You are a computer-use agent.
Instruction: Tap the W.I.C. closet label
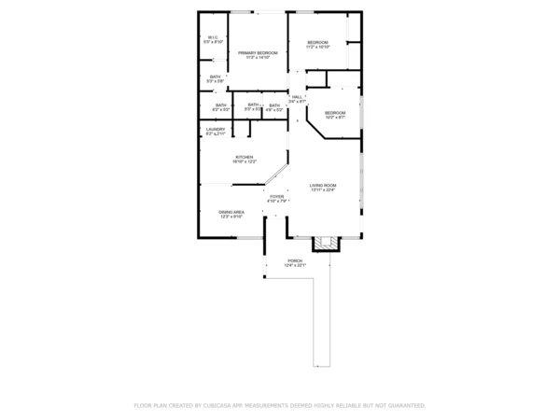[x=213, y=38]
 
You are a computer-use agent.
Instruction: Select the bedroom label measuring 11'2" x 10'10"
[x=318, y=42]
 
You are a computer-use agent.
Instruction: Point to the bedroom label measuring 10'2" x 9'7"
[x=334, y=112]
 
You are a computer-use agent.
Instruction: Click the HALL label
[x=297, y=97]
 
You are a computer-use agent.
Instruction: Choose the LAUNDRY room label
[x=216, y=130]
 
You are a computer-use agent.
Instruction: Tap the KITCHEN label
[x=244, y=157]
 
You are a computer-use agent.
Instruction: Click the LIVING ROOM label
[x=323, y=186]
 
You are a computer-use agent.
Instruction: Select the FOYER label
[x=277, y=197]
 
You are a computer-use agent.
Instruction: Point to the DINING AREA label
[x=231, y=213]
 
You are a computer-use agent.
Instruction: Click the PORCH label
[x=295, y=260]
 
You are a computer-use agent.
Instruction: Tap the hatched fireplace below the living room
[x=326, y=244]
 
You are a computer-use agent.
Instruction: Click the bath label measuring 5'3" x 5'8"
[x=215, y=77]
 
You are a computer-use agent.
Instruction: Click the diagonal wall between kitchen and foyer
[x=274, y=175]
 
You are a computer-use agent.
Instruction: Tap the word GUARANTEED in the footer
[x=402, y=406]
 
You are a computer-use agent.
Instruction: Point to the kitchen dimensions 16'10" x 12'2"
[x=244, y=162]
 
